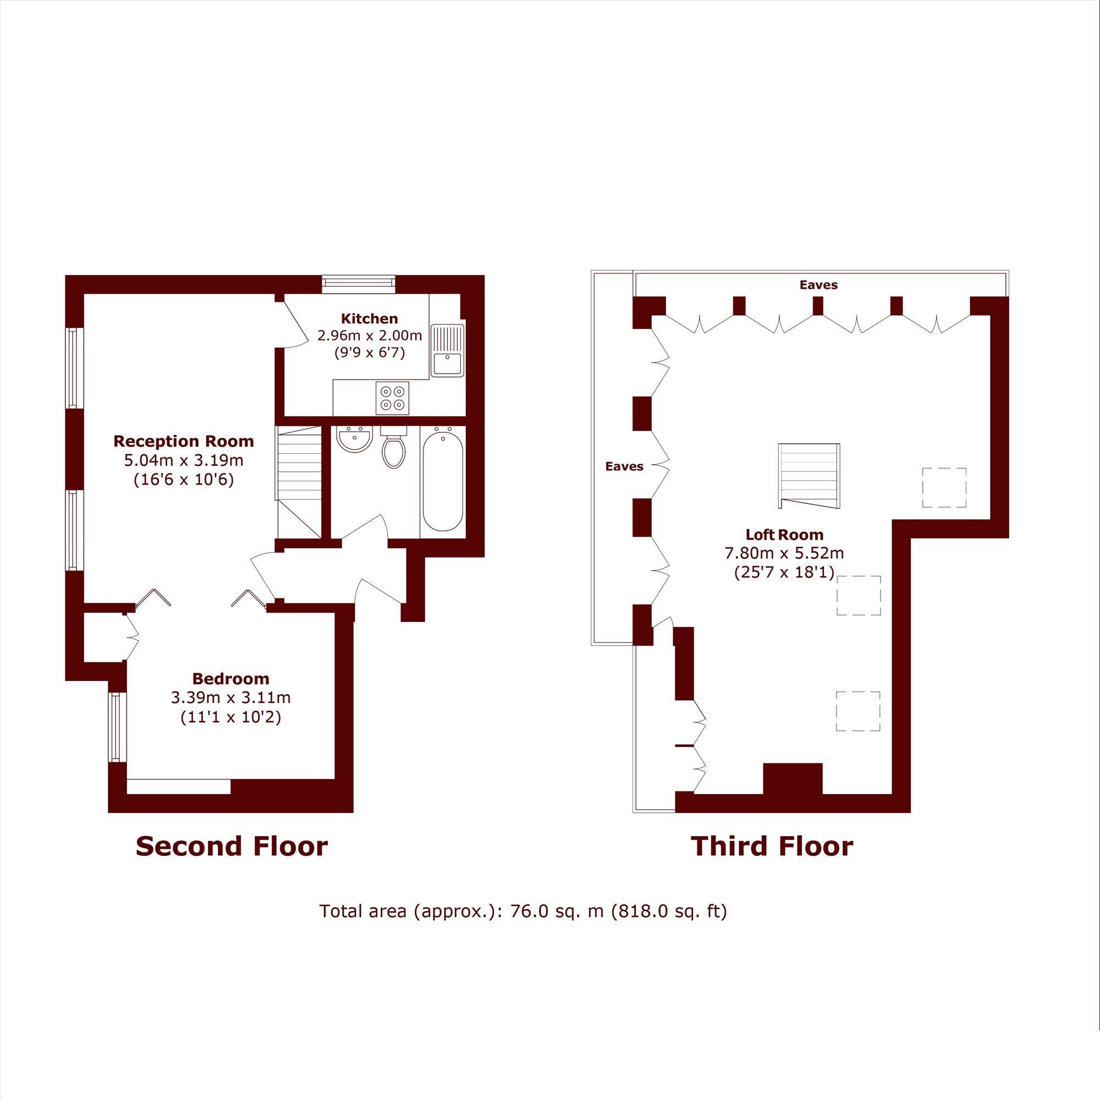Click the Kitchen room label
pyautogui.click(x=369, y=319)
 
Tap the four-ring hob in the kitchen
pyautogui.click(x=392, y=398)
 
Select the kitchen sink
pyautogui.click(x=447, y=351)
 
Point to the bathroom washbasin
pyautogui.click(x=354, y=439)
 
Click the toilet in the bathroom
pyautogui.click(x=393, y=448)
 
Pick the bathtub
pyautogui.click(x=442, y=481)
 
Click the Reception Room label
pyautogui.click(x=183, y=441)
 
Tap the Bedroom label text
pyautogui.click(x=230, y=679)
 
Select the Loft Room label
pyautogui.click(x=785, y=535)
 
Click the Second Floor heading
pyautogui.click(x=232, y=846)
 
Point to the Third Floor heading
pyautogui.click(x=772, y=846)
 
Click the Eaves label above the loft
pyautogui.click(x=819, y=285)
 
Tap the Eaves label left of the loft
pyautogui.click(x=624, y=466)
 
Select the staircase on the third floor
pyautogui.click(x=809, y=476)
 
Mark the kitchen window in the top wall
pyautogui.click(x=359, y=284)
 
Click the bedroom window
pyautogui.click(x=118, y=727)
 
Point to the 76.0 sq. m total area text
pyautogui.click(x=523, y=911)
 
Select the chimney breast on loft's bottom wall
pyautogui.click(x=793, y=779)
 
